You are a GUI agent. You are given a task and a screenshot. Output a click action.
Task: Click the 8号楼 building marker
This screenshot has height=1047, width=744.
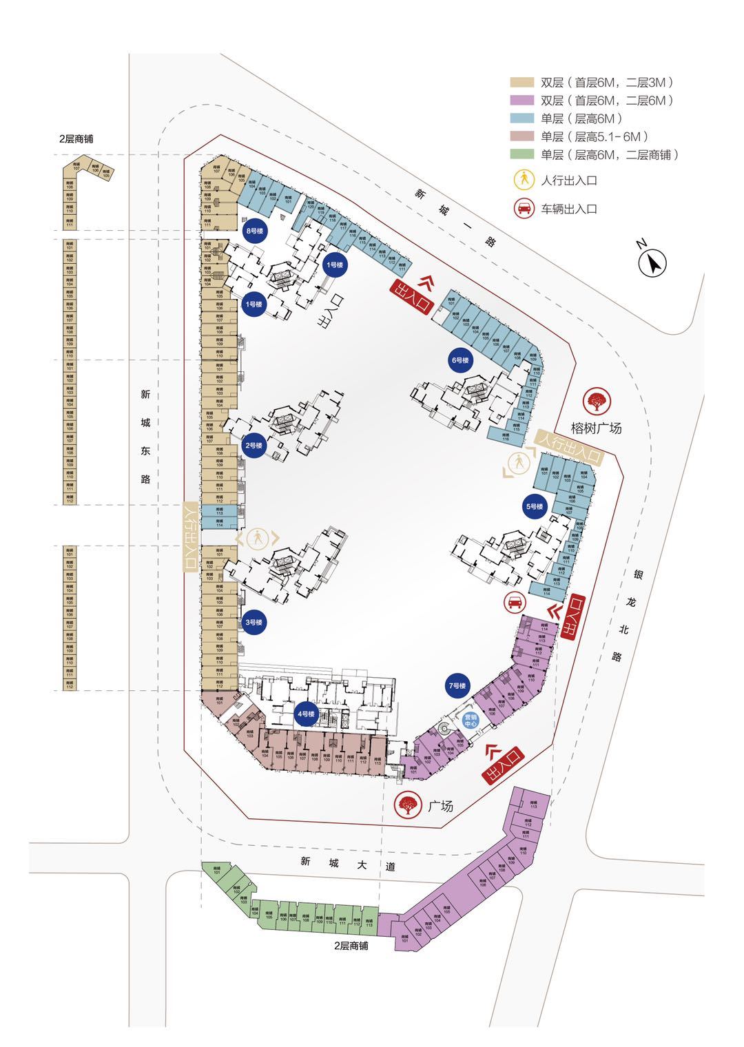255,231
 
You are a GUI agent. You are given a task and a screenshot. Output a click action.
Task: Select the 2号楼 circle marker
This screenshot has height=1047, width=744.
254,446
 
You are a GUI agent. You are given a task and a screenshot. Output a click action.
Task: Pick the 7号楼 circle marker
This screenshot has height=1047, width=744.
457,686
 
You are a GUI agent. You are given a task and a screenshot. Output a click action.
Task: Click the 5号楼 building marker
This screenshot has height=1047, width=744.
535,507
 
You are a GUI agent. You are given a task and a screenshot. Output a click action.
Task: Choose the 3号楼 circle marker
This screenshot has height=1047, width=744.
254,622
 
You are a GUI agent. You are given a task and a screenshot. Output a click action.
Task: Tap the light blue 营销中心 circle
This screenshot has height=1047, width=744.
471,721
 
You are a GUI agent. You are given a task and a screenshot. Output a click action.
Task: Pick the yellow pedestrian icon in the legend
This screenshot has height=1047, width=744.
524,180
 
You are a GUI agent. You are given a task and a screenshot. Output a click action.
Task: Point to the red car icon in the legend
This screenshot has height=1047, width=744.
524,209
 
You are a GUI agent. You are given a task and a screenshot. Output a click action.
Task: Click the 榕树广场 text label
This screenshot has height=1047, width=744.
597,428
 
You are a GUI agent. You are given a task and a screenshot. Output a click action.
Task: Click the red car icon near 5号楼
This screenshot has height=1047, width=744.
513,603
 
